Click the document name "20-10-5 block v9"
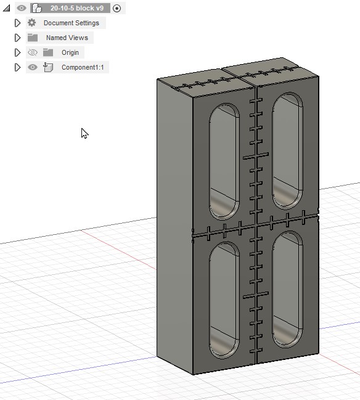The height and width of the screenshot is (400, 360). (x=76, y=8)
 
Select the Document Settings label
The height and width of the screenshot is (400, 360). (x=71, y=23)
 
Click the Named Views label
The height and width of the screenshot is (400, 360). (x=67, y=38)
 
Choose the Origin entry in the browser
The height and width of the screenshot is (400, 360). (x=70, y=52)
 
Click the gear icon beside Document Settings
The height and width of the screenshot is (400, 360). (x=32, y=23)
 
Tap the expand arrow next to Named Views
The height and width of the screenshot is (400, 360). (x=18, y=38)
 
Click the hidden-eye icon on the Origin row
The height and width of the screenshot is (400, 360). (x=33, y=52)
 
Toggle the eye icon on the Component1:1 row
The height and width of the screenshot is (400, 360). (x=33, y=67)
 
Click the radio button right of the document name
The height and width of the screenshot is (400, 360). (x=117, y=8)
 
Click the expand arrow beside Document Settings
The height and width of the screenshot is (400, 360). (x=18, y=23)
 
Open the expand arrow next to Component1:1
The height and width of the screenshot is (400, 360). (x=18, y=67)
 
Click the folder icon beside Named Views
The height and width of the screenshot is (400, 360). (x=33, y=38)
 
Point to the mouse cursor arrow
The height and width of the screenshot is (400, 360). (x=84, y=133)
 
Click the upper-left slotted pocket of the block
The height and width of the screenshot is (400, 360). (x=223, y=161)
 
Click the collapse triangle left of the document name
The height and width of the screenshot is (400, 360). (x=7, y=8)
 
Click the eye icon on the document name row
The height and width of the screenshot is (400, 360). (x=22, y=8)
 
